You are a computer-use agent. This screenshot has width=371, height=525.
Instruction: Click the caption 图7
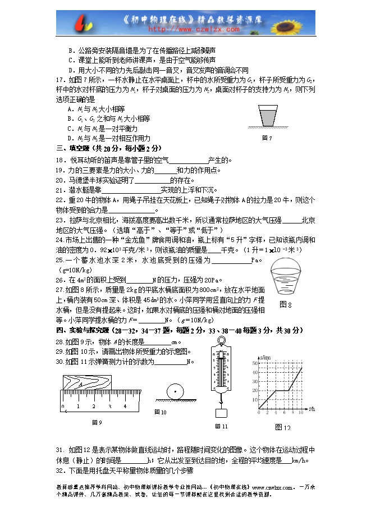click(x=267, y=138)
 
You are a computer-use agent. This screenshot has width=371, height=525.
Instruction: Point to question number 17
click(x=61, y=79)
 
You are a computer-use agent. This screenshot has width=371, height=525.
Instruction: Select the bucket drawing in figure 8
click(x=288, y=277)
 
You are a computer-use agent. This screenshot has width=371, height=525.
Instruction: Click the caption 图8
click(x=286, y=304)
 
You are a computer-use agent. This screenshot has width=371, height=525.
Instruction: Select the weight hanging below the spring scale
click(x=221, y=413)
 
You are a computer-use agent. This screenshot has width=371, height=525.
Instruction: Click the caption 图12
click(x=283, y=428)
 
